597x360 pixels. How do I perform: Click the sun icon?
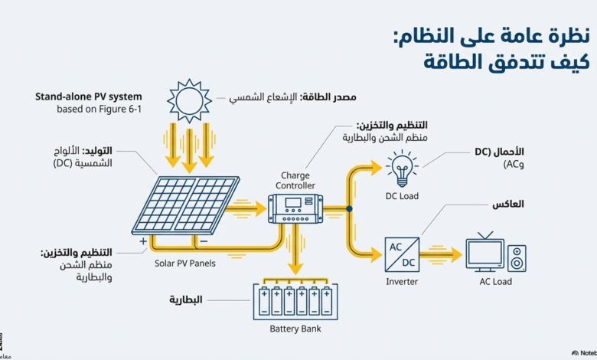tap(189, 101)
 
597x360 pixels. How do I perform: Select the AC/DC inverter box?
tap(402, 254)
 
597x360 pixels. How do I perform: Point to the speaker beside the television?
tap(517, 258)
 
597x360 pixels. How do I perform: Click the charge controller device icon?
tap(295, 208)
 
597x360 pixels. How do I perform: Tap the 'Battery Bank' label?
tap(295, 329)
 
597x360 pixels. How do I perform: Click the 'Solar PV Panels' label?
tap(185, 263)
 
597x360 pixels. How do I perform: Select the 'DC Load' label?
tap(402, 196)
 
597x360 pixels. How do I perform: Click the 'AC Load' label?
tap(495, 282)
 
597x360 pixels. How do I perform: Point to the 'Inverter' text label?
tap(402, 282)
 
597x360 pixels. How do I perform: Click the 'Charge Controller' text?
tap(295, 181)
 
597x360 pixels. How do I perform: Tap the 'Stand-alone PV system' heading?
tap(88, 97)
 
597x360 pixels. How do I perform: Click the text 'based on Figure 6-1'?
tap(99, 109)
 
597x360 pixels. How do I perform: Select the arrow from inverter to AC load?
tap(441, 254)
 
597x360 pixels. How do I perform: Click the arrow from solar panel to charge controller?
tap(246, 209)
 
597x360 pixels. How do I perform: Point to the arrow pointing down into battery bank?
tap(295, 250)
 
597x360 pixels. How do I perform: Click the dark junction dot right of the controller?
tap(349, 209)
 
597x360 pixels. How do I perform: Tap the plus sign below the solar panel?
tap(143, 241)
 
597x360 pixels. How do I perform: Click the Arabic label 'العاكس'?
tap(508, 205)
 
